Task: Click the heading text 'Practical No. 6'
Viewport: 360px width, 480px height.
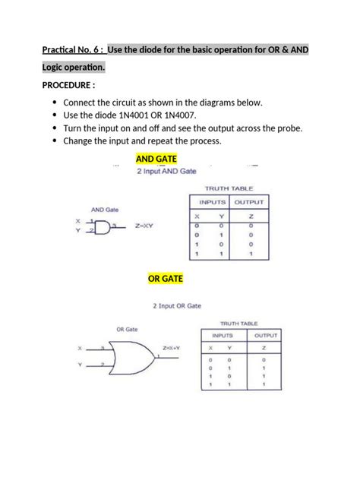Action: (72, 50)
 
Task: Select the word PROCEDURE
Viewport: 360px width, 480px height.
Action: (68, 85)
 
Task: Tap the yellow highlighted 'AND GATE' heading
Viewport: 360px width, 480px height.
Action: (156, 159)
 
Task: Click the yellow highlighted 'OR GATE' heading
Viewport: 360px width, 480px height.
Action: (166, 279)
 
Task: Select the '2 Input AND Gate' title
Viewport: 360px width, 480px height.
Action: (166, 172)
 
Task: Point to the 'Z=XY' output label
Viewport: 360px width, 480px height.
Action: (144, 226)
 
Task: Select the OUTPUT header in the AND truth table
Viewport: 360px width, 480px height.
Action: (248, 203)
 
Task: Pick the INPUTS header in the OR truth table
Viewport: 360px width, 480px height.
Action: (223, 335)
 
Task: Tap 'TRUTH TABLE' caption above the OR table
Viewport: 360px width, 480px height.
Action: (241, 323)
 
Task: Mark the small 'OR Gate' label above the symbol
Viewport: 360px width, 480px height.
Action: (126, 330)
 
